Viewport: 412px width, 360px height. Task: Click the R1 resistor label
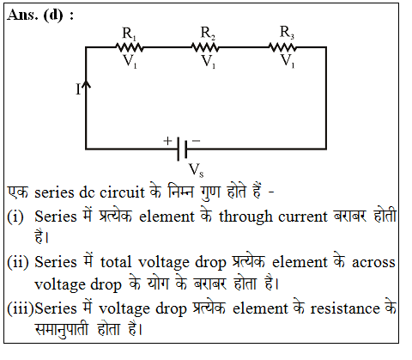point(130,34)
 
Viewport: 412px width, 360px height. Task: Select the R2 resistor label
point(208,33)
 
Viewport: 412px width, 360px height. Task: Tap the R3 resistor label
point(287,32)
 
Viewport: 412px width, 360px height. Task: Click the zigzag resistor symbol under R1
point(130,47)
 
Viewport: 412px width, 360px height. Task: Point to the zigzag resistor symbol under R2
point(205,47)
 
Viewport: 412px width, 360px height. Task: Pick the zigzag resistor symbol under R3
point(282,47)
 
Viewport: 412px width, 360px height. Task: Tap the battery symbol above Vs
point(182,149)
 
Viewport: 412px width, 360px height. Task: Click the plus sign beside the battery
point(167,141)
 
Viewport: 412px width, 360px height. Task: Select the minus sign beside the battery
point(196,141)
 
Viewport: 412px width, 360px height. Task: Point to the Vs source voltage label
point(197,170)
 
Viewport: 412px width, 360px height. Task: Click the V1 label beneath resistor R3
point(288,61)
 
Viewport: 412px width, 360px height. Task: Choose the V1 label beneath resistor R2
point(209,61)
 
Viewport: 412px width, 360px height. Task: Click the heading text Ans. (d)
point(40,15)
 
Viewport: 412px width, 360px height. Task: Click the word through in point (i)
point(245,217)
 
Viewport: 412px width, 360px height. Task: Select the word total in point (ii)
point(116,262)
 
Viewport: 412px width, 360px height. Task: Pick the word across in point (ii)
point(373,263)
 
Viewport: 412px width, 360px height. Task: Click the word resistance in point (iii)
point(345,308)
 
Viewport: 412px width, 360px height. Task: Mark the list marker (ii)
point(18,262)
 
